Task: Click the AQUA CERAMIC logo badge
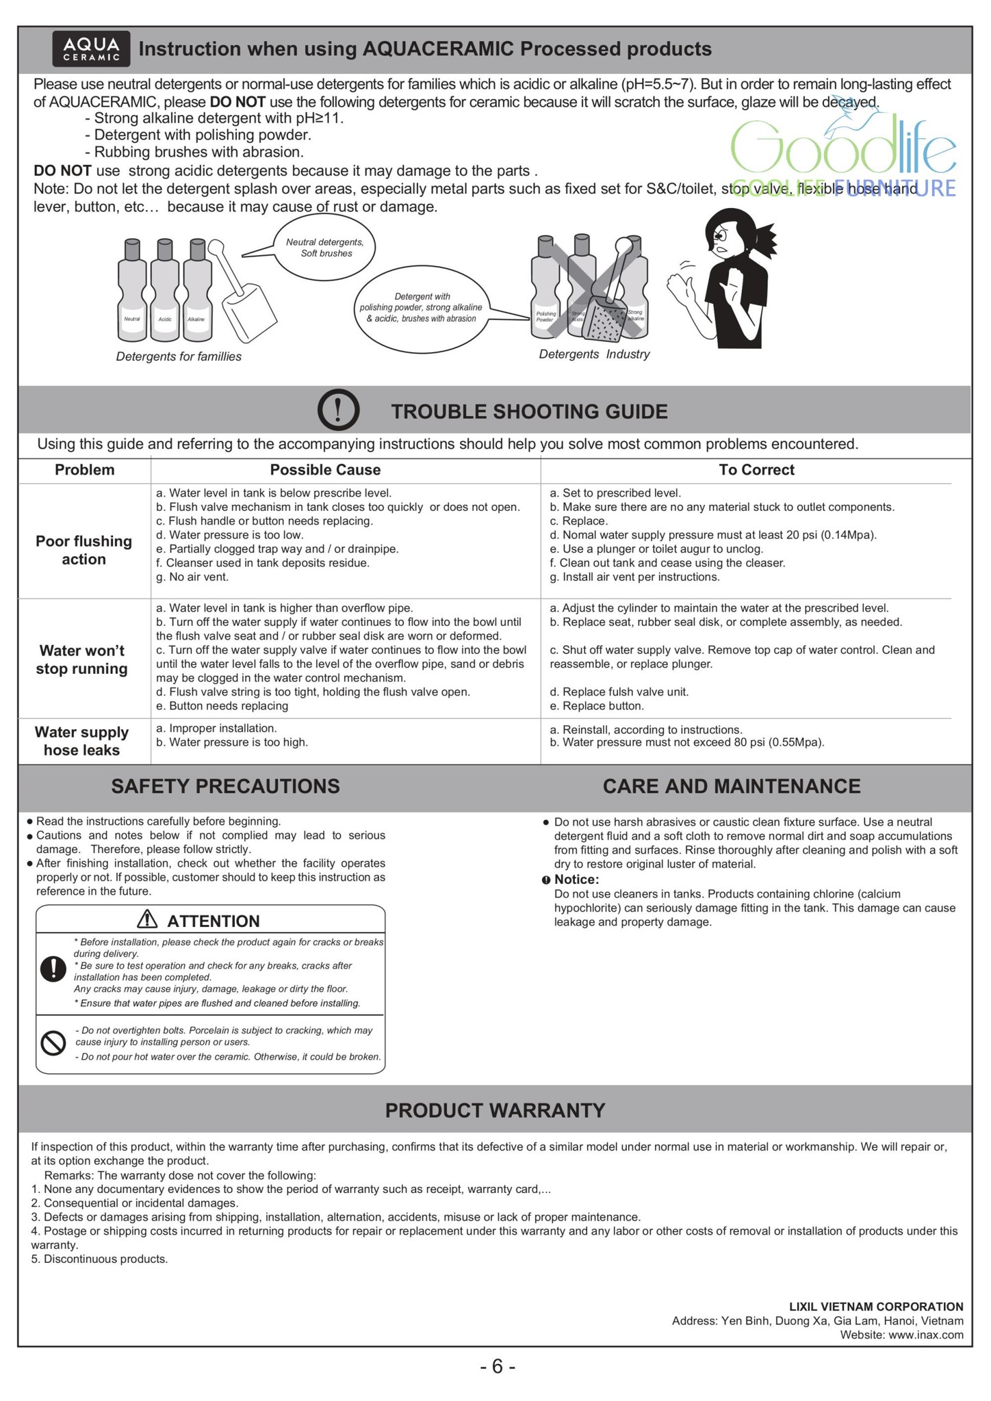91,50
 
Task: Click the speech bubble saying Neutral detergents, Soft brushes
326,248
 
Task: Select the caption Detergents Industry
594,354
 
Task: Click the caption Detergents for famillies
179,356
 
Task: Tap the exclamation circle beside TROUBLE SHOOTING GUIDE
338,410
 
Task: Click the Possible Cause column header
325,470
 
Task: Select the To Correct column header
756,470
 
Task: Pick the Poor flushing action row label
83,550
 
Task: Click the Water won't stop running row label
82,659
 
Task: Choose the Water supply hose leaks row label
82,741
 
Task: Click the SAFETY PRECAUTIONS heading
225,786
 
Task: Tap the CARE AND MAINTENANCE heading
732,786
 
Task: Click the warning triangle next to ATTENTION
147,919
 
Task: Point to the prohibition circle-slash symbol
53,1043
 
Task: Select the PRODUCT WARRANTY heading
495,1110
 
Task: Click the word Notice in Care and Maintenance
576,879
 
